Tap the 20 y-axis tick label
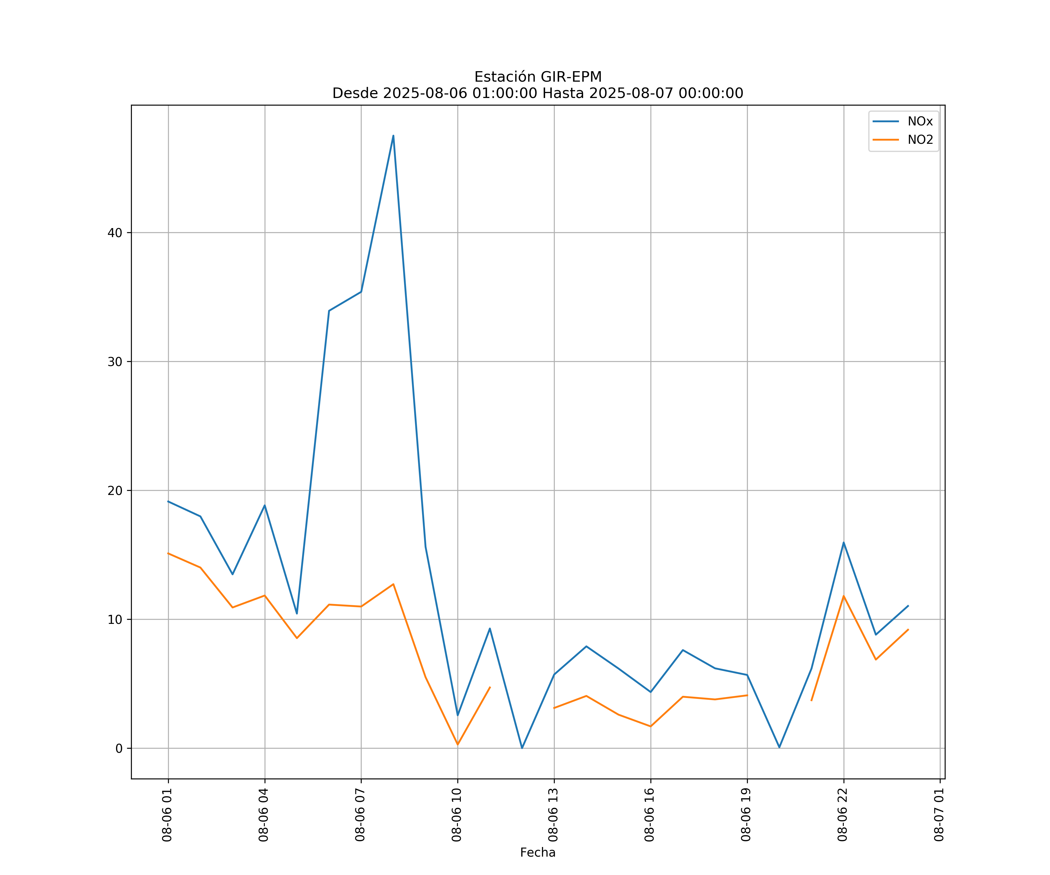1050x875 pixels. (x=115, y=491)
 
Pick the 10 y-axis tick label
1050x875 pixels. (x=115, y=619)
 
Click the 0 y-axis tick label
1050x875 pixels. (x=118, y=748)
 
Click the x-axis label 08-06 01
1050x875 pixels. (x=167, y=815)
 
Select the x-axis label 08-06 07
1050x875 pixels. (x=360, y=815)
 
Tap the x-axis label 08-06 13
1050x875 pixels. (x=553, y=815)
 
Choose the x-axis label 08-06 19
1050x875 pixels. (x=746, y=815)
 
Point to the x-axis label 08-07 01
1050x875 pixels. (x=939, y=815)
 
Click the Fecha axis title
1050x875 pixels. (x=538, y=853)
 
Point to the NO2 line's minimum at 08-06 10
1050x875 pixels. (x=458, y=745)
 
